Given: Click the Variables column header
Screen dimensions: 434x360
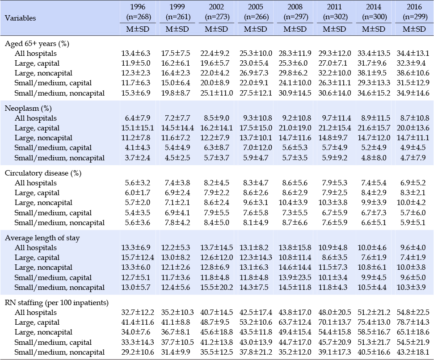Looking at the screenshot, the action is [20, 18].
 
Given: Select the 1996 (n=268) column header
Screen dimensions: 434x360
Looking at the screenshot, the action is [138, 12].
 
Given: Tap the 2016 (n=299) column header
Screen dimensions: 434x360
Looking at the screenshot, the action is [414, 12].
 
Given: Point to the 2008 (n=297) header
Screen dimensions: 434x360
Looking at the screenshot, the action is [295, 12].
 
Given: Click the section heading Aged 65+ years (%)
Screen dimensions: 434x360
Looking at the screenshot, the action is [37, 44].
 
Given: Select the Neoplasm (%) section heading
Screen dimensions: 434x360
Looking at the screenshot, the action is [28, 109].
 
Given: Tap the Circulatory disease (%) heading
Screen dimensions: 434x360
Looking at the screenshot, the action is [43, 173].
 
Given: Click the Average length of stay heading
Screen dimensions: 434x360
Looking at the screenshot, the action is [42, 238].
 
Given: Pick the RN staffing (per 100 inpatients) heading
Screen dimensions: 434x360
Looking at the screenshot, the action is [57, 302].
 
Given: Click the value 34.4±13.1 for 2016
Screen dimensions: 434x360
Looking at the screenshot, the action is [413, 53].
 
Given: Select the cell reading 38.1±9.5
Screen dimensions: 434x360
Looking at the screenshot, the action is [373, 73].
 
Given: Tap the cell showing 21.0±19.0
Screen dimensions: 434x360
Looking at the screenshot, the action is [295, 128].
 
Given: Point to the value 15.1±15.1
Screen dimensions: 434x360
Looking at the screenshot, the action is [138, 128].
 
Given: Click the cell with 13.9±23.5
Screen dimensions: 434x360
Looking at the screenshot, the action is [295, 277].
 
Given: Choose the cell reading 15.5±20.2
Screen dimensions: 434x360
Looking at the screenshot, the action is [216, 287].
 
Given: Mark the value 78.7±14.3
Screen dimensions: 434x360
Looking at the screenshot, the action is [413, 322].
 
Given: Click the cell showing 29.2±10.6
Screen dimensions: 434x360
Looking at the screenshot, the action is [138, 352].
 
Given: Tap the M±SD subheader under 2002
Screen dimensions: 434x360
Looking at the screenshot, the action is [216, 29].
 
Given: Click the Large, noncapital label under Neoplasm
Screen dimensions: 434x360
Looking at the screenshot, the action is [43, 138].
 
